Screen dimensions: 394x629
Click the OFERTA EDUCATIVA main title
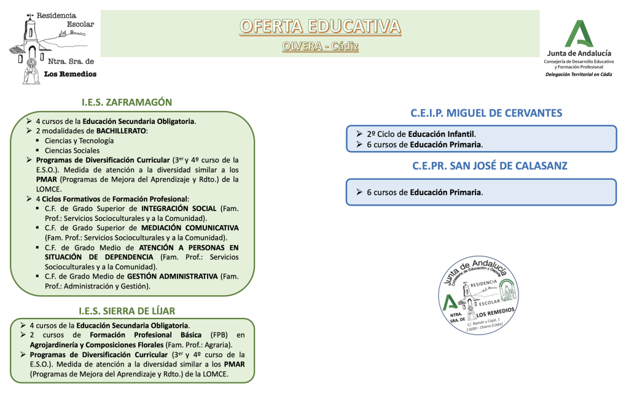pyautogui.click(x=320, y=26)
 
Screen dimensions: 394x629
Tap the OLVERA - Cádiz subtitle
pyautogui.click(x=320, y=46)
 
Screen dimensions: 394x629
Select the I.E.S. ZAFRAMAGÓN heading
pyautogui.click(x=127, y=102)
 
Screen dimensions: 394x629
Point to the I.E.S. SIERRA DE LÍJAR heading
pyautogui.click(x=127, y=311)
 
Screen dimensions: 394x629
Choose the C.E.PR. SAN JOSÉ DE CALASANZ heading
pyautogui.click(x=481, y=166)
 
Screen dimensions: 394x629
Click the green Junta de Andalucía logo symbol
pyautogui.click(x=579, y=34)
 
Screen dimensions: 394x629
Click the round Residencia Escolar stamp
pyautogui.click(x=479, y=294)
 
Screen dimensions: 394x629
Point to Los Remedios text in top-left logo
pyautogui.click(x=70, y=74)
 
